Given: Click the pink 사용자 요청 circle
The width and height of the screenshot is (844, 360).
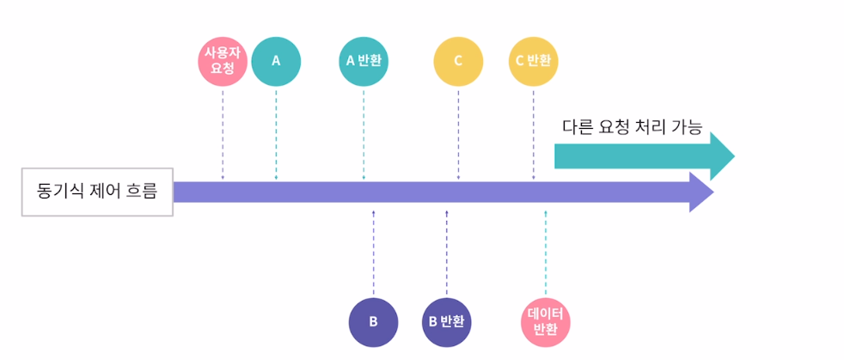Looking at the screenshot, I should tap(223, 61).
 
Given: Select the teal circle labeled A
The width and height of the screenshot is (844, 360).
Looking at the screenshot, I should tap(276, 61).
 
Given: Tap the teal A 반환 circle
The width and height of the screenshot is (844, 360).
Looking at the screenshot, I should tap(364, 61).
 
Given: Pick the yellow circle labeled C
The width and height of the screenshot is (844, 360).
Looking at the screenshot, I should tap(458, 61).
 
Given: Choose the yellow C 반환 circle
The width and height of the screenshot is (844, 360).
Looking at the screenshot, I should tap(534, 61).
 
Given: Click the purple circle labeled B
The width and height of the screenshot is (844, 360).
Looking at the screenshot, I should tap(373, 322).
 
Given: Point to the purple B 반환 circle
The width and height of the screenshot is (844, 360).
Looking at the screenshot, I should tap(447, 322).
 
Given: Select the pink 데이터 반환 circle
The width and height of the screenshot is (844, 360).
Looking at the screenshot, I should tap(546, 322).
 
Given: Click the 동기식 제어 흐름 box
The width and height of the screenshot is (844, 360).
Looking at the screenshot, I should tap(97, 191).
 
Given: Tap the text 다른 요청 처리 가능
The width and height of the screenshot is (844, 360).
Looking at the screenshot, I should tap(633, 128).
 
